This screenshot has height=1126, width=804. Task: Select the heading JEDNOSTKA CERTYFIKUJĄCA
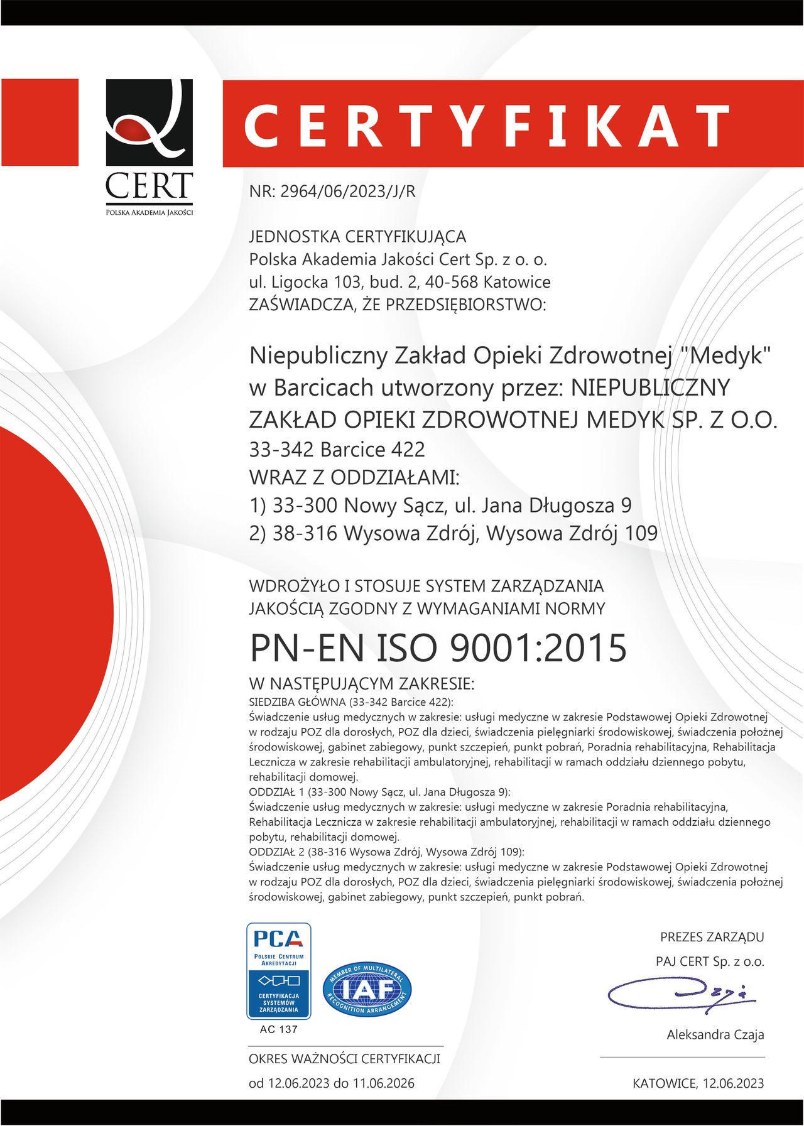click(x=357, y=237)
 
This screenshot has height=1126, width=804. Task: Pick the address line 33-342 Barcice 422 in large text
click(x=337, y=450)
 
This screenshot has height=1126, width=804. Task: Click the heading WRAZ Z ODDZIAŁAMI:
click(x=354, y=477)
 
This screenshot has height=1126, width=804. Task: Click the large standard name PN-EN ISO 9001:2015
click(x=438, y=647)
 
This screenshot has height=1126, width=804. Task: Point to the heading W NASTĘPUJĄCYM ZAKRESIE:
click(x=361, y=683)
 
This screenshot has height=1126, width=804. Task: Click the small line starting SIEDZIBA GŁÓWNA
click(x=350, y=701)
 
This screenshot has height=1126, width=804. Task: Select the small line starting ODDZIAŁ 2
click(x=386, y=852)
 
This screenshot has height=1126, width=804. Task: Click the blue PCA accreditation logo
click(x=278, y=970)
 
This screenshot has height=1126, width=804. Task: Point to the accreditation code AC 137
click(x=278, y=1029)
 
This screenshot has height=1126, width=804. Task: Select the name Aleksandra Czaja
click(x=715, y=1034)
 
